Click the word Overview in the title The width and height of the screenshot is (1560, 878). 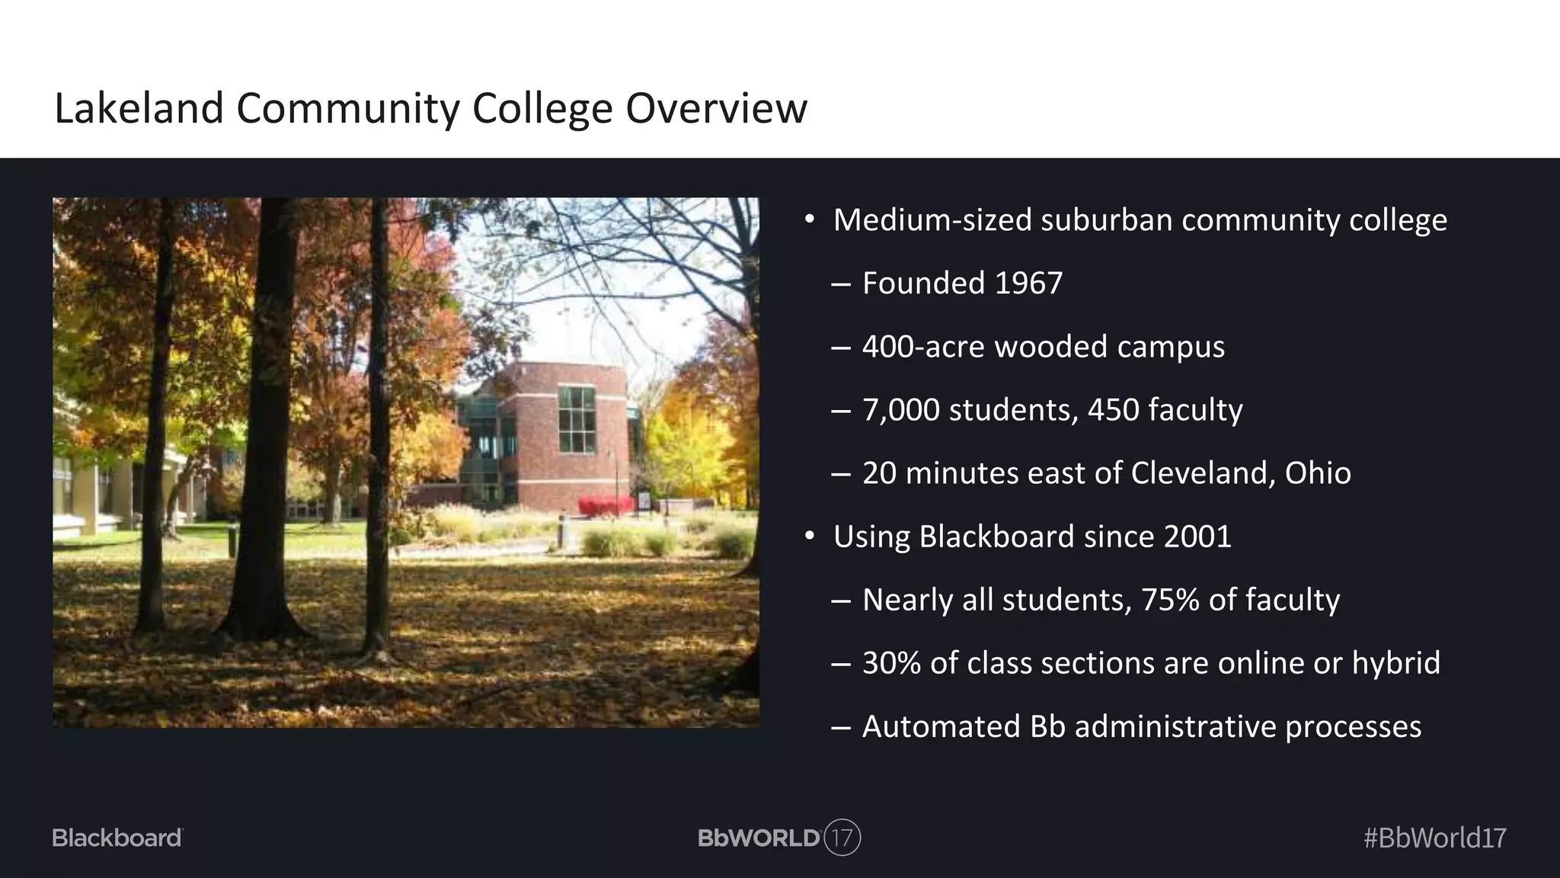coord(716,108)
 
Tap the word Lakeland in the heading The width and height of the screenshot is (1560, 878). coord(139,108)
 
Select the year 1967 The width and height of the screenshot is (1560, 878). coord(1028,284)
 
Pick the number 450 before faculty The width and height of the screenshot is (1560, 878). coord(1113,410)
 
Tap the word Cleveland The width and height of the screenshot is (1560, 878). coord(1203,473)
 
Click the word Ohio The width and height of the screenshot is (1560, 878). coord(1318,473)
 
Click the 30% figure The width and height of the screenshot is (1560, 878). coord(891,663)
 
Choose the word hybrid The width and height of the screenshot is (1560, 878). coord(1396,663)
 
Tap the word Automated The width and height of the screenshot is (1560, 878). coord(941,726)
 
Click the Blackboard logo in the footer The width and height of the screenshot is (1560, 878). coord(117,838)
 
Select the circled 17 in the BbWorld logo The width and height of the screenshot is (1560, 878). coord(842,838)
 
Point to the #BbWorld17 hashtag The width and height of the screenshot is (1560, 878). coord(1434,838)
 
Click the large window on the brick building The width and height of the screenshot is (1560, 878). coord(577,419)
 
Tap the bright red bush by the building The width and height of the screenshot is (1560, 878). coord(606,505)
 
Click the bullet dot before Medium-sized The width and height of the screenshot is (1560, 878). coord(810,220)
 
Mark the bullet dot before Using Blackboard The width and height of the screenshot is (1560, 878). coord(810,537)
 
